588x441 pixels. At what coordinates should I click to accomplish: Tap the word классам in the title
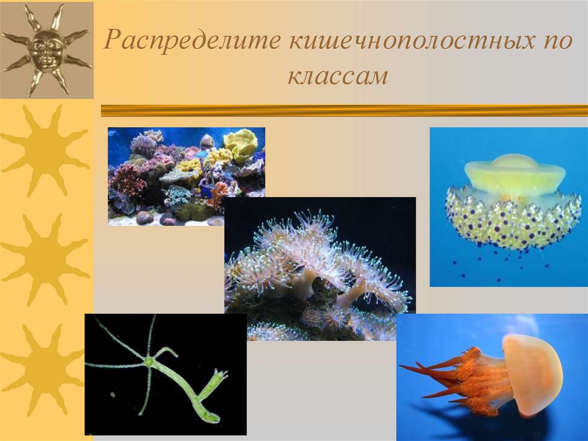338,76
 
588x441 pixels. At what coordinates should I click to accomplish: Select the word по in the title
555,43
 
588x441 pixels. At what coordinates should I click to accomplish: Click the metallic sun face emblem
47,49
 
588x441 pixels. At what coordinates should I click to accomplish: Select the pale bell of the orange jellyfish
532,374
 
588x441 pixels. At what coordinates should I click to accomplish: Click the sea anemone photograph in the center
319,268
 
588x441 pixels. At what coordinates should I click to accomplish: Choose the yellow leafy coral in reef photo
240,144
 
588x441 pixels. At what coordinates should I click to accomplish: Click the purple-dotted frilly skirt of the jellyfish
513,218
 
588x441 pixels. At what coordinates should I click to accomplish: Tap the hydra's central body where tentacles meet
150,362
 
